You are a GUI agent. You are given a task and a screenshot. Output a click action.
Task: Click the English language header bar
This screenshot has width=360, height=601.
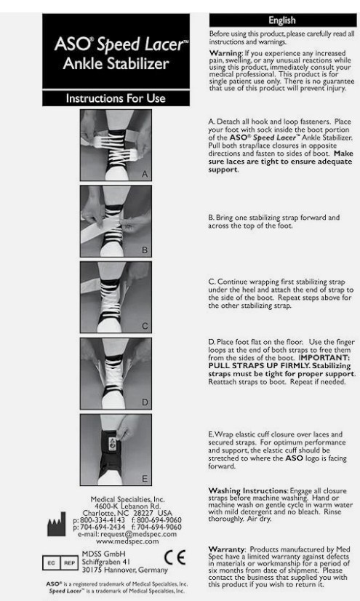[283, 20]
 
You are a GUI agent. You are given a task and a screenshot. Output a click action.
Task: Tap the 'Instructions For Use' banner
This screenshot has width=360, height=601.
[116, 98]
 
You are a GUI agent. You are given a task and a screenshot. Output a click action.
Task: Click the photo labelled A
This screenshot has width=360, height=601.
[116, 145]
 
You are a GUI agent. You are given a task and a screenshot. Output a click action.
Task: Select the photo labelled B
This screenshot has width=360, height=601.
[116, 221]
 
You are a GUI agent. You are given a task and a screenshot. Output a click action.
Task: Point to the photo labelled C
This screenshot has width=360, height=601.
[116, 297]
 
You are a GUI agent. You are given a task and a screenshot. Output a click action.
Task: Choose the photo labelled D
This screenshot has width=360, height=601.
[116, 373]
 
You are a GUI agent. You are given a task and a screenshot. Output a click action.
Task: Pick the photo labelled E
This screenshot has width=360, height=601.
[116, 450]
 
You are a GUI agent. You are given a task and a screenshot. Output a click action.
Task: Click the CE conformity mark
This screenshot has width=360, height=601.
[175, 557]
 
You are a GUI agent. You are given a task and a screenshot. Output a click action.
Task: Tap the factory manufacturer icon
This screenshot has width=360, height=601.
[57, 524]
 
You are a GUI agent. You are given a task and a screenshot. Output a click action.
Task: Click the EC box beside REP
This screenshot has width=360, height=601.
[52, 563]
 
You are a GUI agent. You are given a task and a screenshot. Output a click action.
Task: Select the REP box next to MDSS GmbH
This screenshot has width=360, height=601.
[69, 563]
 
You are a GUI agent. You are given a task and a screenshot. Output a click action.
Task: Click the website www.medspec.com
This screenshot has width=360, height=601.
[127, 541]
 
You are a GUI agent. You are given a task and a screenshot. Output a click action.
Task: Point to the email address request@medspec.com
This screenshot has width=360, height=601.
[139, 534]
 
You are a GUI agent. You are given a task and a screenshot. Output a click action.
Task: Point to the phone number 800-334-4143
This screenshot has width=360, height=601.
[103, 520]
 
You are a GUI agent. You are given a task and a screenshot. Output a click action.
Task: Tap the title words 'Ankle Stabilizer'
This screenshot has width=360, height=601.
[116, 63]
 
